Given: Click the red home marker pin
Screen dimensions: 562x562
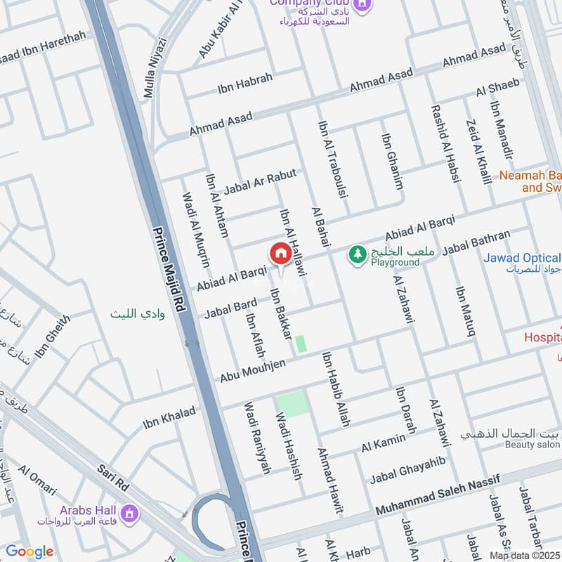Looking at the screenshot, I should click(280, 254).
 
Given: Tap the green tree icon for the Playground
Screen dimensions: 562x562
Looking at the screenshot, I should click(358, 254).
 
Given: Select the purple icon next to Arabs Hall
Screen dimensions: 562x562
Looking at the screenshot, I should click(129, 516).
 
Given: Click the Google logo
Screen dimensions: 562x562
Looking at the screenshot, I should click(30, 551).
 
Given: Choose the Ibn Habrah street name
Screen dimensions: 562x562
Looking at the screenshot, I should click(244, 82).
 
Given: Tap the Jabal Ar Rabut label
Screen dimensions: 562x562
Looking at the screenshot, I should click(261, 181).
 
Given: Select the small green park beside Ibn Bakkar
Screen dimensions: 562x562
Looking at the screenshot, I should click(301, 344).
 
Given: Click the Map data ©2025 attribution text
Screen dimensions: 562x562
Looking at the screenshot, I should click(524, 555).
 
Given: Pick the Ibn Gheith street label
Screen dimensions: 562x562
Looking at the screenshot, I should click(53, 336).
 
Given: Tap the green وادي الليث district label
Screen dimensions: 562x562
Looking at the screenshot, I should click(137, 314).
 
